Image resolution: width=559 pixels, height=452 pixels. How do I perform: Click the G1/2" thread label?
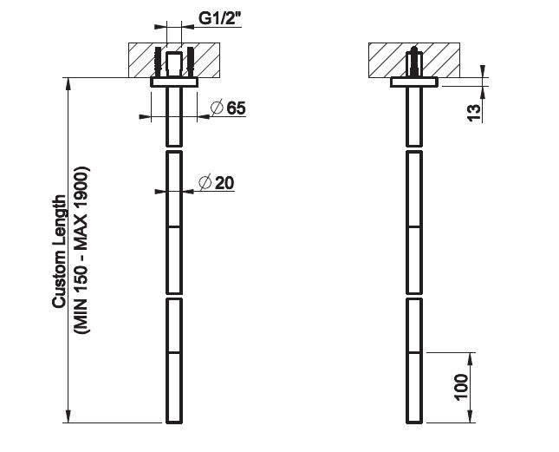coord(219,18)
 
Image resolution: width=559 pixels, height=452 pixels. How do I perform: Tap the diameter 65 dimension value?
coord(236,108)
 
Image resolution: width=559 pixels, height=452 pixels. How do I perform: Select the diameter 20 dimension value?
coord(224,183)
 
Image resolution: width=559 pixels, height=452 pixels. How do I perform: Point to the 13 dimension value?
coord(474,113)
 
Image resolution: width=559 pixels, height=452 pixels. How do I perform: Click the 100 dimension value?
coord(462,388)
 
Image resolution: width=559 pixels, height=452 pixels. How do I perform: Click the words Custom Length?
coord(59,252)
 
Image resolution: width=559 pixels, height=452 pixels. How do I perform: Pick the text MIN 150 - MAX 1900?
coord(82,250)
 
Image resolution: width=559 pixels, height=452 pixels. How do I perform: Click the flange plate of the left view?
coord(174,82)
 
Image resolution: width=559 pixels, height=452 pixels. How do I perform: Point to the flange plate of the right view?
coord(414,82)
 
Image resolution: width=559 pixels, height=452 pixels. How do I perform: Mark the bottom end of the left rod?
coord(174,423)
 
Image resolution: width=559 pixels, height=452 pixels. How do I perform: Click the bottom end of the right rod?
coord(414,423)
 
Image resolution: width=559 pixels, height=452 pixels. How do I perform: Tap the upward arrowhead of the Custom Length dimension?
coord(68,84)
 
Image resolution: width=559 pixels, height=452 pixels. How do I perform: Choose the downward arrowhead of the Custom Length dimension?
coord(68,416)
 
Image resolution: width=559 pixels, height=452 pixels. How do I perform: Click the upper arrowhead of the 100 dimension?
coord(471,359)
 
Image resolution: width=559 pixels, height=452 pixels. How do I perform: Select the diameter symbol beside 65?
coord(218,108)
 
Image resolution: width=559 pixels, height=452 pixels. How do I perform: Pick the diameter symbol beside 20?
coord(205,182)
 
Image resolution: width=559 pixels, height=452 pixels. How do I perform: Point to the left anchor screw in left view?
coord(158,62)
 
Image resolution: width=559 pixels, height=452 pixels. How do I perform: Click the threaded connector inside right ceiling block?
coord(414,62)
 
